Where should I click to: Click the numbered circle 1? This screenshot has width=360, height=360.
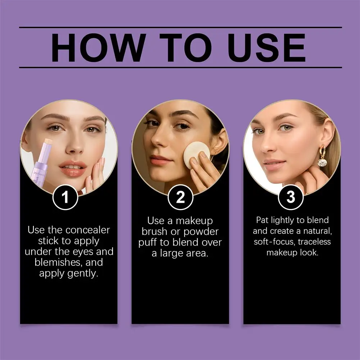(x=65, y=197)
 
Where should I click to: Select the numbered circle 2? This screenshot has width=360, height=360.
(x=180, y=197)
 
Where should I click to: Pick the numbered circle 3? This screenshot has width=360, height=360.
(x=291, y=197)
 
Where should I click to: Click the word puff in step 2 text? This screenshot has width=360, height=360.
(x=149, y=242)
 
